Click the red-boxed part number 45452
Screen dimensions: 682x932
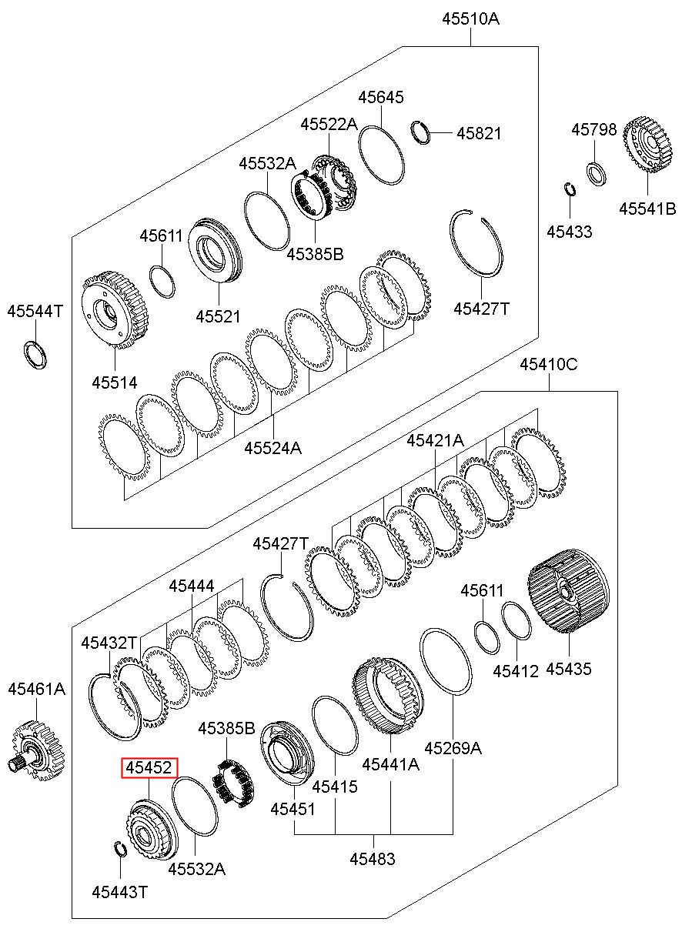[149, 767]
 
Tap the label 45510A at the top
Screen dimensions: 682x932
[470, 18]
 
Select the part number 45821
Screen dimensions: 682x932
[479, 133]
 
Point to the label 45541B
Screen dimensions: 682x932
[647, 209]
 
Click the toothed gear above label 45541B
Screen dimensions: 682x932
[647, 145]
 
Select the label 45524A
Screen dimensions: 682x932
[272, 448]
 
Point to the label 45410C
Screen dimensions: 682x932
[548, 365]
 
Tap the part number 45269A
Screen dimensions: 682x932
[453, 749]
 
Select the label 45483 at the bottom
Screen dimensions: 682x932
[372, 867]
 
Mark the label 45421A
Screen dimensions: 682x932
[435, 439]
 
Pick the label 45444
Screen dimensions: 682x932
[192, 586]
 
